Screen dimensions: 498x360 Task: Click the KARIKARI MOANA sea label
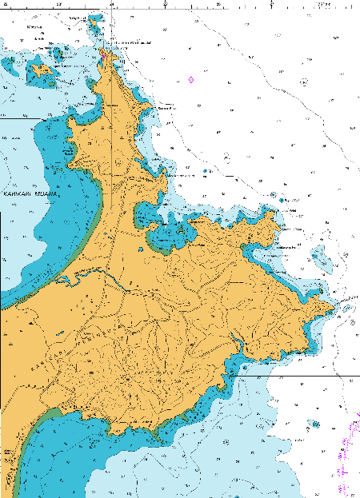(x=30, y=193)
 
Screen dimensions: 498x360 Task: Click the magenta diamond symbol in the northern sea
(x=191, y=79)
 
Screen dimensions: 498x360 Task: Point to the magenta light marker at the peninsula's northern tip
(x=102, y=55)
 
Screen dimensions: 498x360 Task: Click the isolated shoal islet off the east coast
(x=322, y=257)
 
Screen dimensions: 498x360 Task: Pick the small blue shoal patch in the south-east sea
(x=316, y=424)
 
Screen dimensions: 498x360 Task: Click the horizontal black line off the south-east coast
(x=320, y=374)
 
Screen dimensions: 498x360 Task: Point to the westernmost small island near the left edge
(x=7, y=66)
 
